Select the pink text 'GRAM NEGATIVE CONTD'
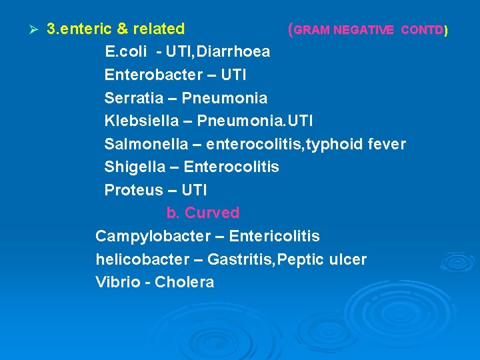point(369,30)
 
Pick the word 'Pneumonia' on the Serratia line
point(225,99)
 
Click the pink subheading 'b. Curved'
point(203,213)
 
